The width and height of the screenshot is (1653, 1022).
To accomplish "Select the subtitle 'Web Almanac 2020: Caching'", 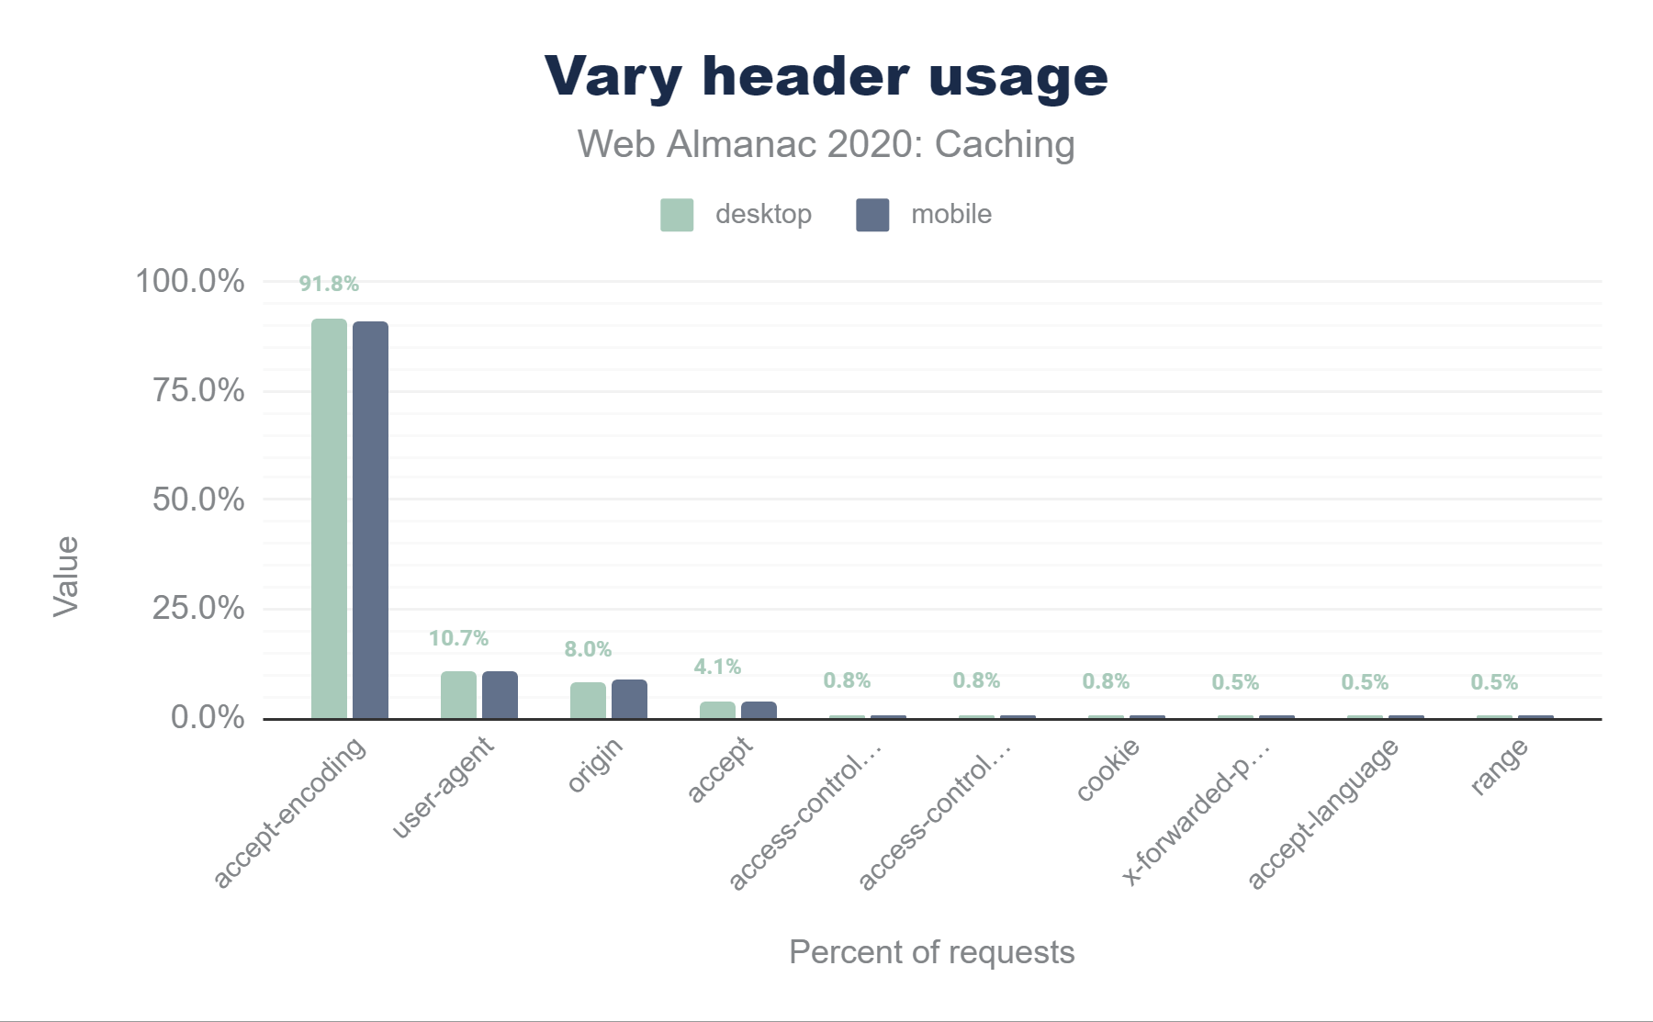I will click(826, 144).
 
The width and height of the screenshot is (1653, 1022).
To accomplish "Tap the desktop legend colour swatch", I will click(677, 215).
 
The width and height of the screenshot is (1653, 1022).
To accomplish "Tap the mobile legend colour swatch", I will click(872, 215).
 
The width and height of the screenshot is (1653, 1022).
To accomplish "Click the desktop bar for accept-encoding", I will click(329, 519).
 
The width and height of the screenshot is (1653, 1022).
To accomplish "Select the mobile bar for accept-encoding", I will click(370, 520).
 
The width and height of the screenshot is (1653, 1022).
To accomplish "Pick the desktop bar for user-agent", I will click(458, 695).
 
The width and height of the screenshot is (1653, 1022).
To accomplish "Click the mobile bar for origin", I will click(629, 699).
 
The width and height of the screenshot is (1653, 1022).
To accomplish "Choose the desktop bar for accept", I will click(717, 710).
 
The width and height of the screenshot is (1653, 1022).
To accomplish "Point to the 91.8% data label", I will click(329, 284).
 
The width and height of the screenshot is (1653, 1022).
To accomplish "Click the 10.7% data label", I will click(458, 638).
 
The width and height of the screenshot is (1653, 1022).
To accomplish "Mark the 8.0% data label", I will click(588, 649).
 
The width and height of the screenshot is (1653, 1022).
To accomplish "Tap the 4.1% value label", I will click(717, 667).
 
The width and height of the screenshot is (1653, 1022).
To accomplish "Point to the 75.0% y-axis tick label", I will click(198, 390).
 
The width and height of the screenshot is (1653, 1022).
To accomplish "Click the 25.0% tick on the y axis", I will click(198, 608).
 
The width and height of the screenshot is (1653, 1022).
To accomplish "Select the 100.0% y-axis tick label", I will click(190, 281).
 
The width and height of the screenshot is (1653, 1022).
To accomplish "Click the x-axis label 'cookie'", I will click(1108, 769).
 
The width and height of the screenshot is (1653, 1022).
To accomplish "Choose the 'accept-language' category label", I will click(1322, 814).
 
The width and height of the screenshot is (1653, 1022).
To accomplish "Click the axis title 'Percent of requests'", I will click(931, 952).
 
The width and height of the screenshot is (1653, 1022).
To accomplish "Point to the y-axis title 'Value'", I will click(66, 576).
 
